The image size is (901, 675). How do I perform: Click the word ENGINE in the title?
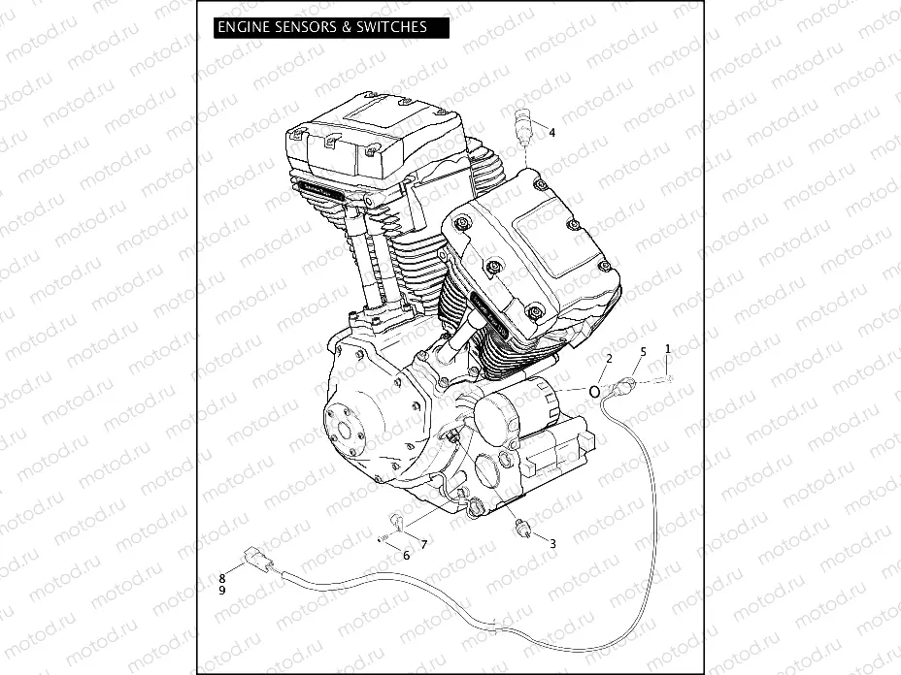(x=244, y=27)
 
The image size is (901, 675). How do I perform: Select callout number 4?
(x=551, y=133)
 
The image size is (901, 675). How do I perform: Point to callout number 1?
(x=668, y=347)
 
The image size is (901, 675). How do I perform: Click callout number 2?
(x=609, y=359)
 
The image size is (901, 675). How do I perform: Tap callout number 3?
(x=552, y=544)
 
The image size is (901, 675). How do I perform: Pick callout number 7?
(x=423, y=544)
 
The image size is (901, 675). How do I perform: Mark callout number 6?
(x=406, y=556)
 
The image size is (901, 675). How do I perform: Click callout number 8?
(x=222, y=577)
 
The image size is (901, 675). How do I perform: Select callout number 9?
(x=222, y=590)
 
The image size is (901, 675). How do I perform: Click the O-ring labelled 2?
(x=592, y=391)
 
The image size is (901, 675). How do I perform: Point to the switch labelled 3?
(x=524, y=529)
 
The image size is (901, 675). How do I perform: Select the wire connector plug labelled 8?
(x=258, y=560)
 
